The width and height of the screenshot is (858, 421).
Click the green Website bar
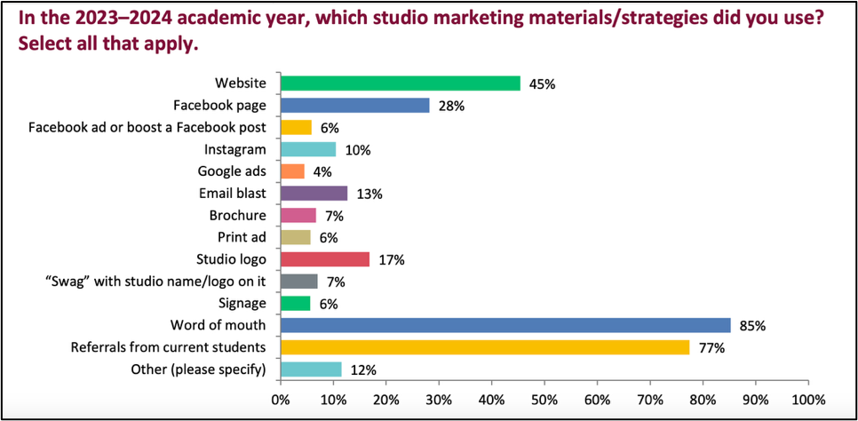(x=400, y=83)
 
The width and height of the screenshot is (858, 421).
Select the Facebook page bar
(x=354, y=106)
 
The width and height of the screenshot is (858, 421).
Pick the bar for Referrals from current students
(x=484, y=347)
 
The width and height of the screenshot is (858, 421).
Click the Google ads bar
(x=292, y=171)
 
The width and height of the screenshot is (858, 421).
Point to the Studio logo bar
(x=324, y=259)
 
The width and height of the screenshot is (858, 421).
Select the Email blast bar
(x=314, y=194)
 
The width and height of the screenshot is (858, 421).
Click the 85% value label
(x=751, y=326)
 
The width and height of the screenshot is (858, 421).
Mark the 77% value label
(x=711, y=348)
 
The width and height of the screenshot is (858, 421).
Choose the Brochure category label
(x=237, y=215)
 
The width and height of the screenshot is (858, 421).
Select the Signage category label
(x=241, y=303)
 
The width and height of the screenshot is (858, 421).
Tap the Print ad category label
(x=242, y=237)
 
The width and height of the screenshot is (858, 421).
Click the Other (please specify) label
(x=203, y=369)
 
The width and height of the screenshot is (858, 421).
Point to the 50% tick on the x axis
(x=544, y=400)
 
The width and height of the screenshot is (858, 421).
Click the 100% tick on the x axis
(x=808, y=400)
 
